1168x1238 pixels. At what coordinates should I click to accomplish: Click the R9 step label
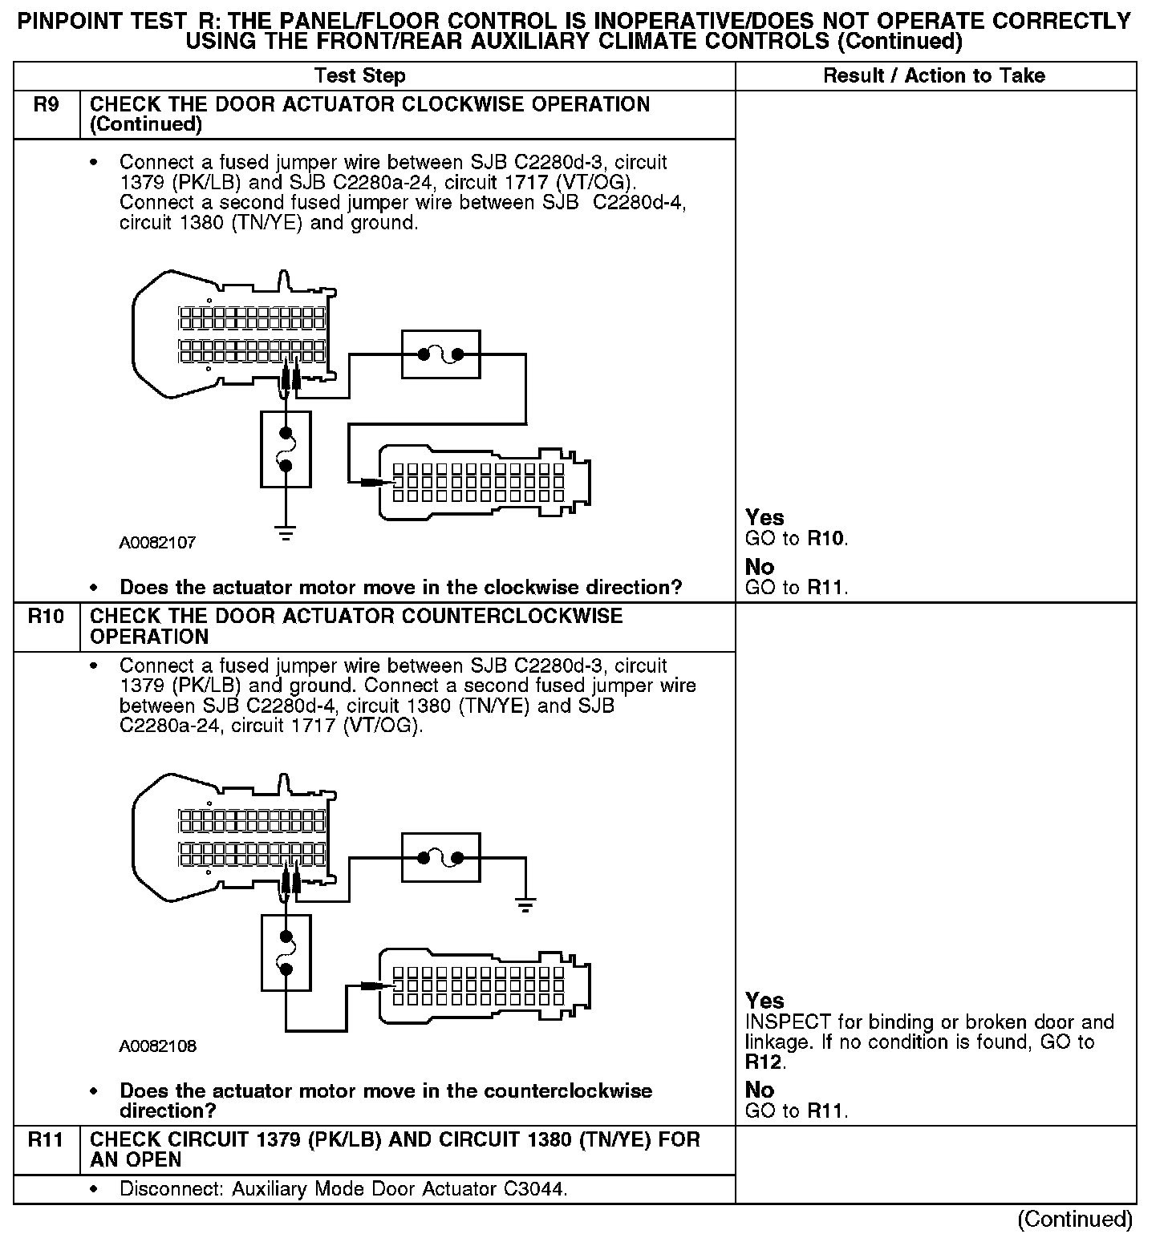tap(47, 105)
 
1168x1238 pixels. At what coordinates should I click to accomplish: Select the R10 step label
tap(47, 617)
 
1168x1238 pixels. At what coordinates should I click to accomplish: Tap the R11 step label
tap(47, 1140)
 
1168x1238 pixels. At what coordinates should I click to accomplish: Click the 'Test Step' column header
tap(360, 76)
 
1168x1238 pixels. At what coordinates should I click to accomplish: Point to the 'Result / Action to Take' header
tap(935, 76)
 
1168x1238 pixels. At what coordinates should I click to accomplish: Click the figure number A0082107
tap(158, 543)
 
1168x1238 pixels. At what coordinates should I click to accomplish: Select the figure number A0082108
tap(158, 1046)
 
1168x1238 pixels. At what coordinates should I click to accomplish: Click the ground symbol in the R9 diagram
tap(286, 532)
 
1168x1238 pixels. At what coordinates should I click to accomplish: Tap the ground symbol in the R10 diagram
tap(525, 906)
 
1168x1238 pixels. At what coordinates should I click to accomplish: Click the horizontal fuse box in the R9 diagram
tap(440, 354)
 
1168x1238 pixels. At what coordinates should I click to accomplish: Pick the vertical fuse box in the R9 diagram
tap(286, 449)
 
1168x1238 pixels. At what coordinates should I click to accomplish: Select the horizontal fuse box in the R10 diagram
tap(440, 858)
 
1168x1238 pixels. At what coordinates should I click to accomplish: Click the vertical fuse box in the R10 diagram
tap(286, 953)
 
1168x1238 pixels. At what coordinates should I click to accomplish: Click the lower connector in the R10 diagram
tap(484, 985)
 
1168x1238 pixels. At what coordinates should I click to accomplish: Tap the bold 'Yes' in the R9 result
tap(764, 518)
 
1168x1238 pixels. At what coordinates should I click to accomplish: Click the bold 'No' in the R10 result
tap(760, 1090)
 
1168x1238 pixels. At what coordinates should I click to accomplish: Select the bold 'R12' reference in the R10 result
tap(764, 1062)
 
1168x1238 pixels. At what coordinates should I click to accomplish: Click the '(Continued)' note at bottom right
tap(1075, 1220)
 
